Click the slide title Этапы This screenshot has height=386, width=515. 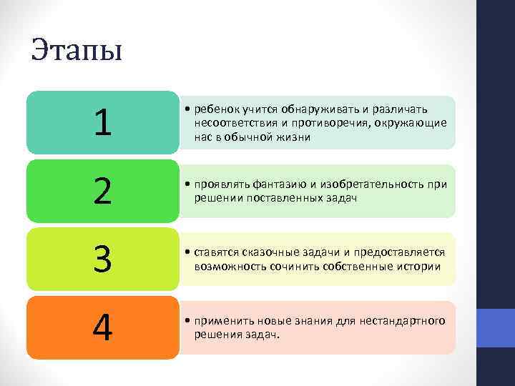coord(77,51)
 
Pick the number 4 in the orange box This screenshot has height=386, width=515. coord(103,329)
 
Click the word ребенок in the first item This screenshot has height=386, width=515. coord(213,109)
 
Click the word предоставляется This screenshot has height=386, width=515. coord(401,253)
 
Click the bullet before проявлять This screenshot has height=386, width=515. coord(186,184)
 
